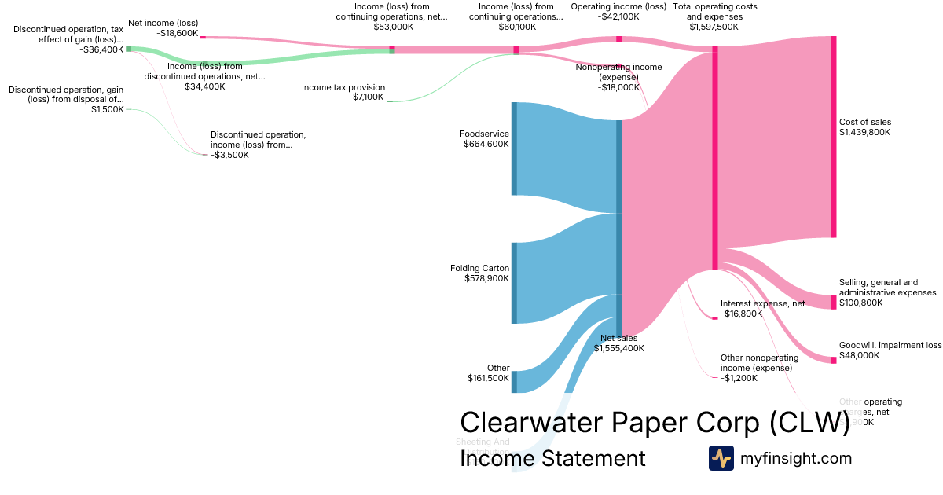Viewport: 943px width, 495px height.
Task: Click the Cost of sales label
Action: click(x=865, y=122)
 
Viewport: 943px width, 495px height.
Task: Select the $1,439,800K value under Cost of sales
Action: click(x=865, y=133)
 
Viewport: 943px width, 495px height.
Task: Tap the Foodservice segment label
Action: click(x=484, y=134)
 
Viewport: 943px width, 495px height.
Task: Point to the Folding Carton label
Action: click(x=479, y=268)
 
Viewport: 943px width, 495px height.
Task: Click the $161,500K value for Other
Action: click(x=488, y=379)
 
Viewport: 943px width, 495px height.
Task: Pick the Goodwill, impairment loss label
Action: click(x=890, y=345)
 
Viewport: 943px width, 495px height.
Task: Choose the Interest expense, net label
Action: click(x=762, y=303)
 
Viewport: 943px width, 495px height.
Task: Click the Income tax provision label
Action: click(x=343, y=87)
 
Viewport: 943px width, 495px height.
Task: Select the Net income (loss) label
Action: click(x=163, y=23)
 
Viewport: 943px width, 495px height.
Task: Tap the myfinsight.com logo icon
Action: click(x=721, y=458)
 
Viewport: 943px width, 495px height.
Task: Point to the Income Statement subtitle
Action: click(x=552, y=458)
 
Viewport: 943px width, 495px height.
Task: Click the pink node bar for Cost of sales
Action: click(x=834, y=137)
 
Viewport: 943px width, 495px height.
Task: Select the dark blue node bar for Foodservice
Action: click(x=514, y=148)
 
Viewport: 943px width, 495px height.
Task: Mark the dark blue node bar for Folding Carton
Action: click(x=514, y=283)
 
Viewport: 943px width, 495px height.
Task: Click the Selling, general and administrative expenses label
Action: click(x=887, y=288)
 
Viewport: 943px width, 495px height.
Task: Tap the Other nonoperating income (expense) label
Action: click(x=759, y=363)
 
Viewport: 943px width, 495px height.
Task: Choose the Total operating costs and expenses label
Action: click(x=715, y=12)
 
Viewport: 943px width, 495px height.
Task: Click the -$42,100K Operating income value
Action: click(x=618, y=16)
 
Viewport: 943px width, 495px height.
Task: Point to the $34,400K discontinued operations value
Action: click(x=205, y=86)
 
